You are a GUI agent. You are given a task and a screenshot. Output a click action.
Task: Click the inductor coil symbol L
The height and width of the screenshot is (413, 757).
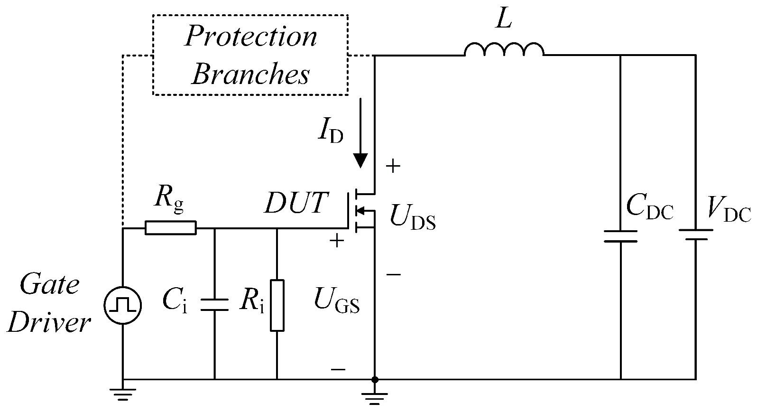click(x=504, y=49)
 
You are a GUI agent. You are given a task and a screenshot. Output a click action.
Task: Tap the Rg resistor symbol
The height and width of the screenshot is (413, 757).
click(x=170, y=228)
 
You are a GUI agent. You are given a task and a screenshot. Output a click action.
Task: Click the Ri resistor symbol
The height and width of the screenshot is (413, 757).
click(x=277, y=305)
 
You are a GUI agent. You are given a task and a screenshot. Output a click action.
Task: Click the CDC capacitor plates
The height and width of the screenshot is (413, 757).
click(x=620, y=236)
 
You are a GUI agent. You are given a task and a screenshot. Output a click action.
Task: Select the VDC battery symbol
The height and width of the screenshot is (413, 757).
click(x=695, y=235)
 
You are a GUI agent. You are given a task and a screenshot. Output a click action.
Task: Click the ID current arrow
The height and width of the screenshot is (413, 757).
click(x=360, y=133)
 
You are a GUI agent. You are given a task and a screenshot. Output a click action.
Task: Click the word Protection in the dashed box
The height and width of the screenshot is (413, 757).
click(x=251, y=37)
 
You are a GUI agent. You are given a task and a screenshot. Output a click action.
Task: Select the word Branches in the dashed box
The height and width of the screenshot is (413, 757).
click(x=251, y=75)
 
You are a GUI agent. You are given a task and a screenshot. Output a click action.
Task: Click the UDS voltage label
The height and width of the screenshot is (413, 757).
click(x=412, y=218)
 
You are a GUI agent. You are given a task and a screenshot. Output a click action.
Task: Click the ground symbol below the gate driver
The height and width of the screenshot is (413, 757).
click(x=123, y=394)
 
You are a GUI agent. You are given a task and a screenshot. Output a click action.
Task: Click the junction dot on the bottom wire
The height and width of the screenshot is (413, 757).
click(x=375, y=379)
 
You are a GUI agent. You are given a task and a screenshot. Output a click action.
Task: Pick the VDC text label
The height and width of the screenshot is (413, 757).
click(x=729, y=209)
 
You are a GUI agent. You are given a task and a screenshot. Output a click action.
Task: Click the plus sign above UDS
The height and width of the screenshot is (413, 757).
click(x=393, y=166)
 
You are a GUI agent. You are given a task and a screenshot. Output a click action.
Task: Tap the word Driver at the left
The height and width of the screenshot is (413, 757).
click(x=49, y=323)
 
